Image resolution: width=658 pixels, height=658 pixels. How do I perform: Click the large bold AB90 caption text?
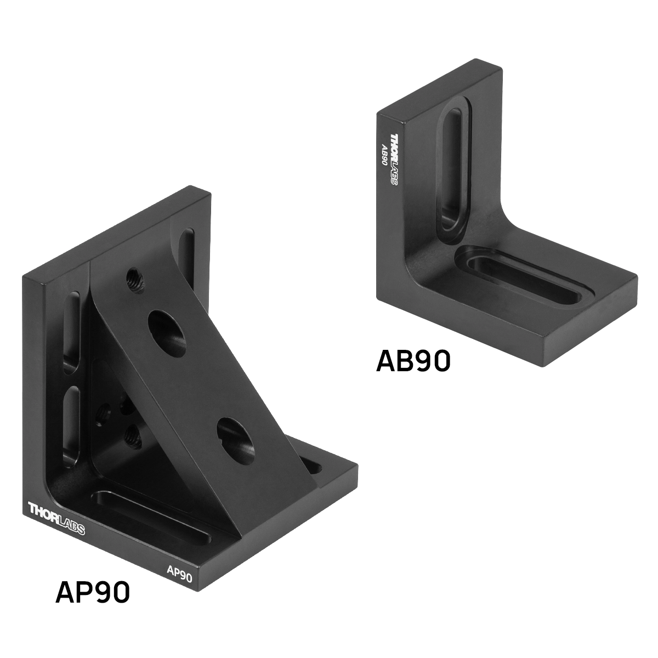pos(413,361)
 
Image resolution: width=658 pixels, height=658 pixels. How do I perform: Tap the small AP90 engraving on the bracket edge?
pos(180,574)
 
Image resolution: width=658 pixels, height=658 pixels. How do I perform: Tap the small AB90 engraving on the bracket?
pos(384,155)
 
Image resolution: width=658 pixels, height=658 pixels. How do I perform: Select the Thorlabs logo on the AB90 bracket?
pos(394,160)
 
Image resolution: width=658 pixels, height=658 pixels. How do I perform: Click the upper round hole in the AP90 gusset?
pos(167,329)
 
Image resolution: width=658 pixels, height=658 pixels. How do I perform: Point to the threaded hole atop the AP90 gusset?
pos(135,280)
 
